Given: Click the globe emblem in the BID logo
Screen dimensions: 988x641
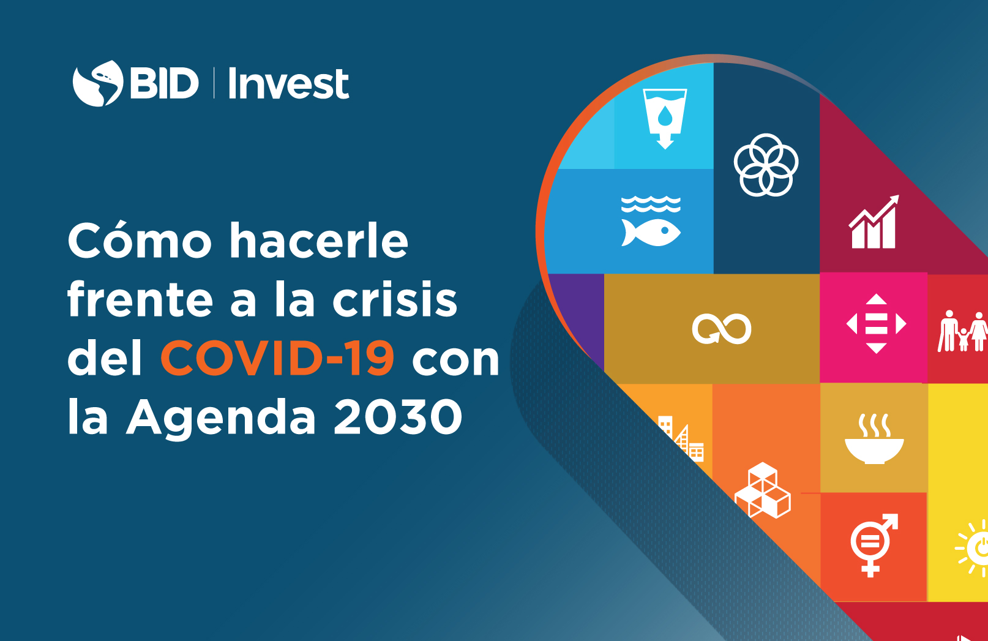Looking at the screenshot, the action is pos(97,83).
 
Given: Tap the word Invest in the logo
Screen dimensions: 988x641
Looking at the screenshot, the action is pos(289,83).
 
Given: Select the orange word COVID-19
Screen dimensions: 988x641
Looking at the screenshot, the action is pos(277,358).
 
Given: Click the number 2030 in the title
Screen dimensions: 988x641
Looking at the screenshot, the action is pos(398,416).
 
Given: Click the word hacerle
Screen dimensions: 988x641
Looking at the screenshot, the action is pos(319,241).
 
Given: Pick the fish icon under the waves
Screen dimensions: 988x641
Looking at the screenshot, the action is pos(651,232).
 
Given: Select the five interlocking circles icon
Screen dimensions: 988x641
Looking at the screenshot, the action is pos(766,165).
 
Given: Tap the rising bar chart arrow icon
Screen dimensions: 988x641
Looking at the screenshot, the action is pos(874,222).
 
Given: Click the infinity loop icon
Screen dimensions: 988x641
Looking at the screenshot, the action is pos(722,329).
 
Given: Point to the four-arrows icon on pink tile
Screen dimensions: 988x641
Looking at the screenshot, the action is pos(876,323).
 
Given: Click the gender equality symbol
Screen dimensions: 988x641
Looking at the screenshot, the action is pos(874,545).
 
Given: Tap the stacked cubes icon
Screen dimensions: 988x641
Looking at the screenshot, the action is pos(763,490).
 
